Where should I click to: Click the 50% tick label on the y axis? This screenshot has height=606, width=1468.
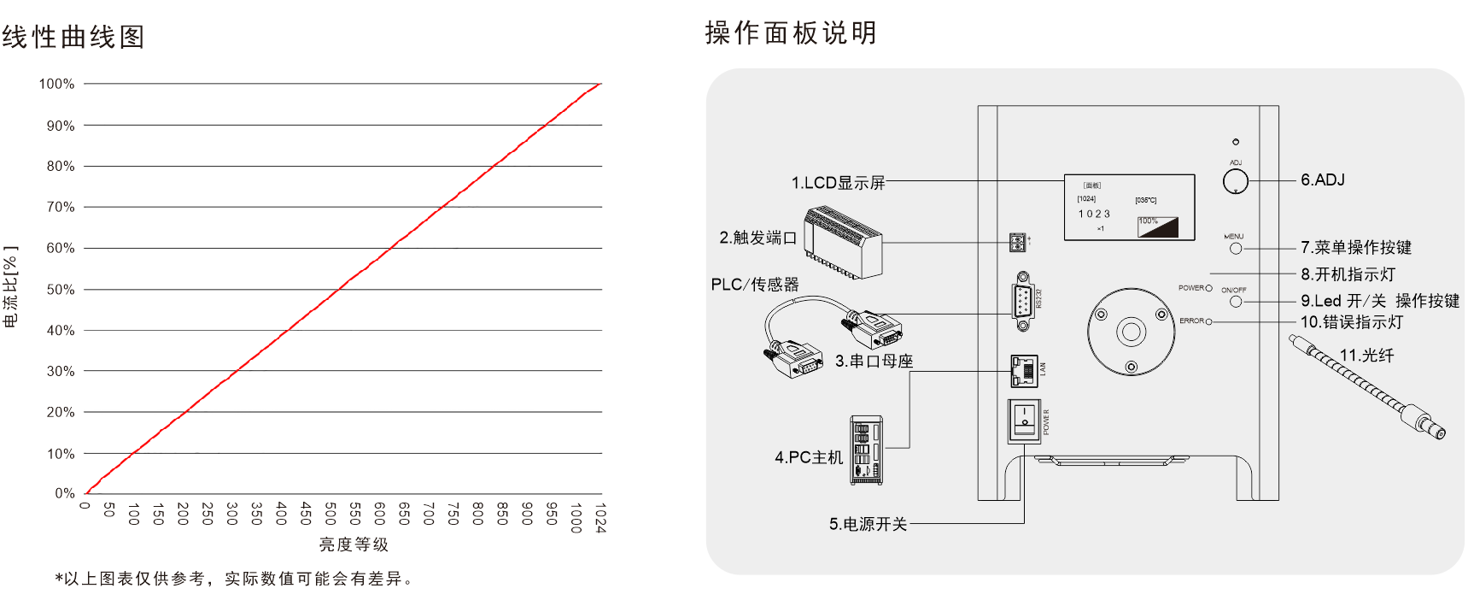(60, 290)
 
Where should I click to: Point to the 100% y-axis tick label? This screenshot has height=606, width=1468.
(56, 84)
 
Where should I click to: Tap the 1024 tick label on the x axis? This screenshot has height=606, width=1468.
(600, 518)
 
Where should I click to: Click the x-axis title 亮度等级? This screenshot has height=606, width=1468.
(354, 544)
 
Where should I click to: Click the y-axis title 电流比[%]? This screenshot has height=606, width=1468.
(10, 286)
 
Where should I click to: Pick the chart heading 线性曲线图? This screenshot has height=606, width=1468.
(73, 37)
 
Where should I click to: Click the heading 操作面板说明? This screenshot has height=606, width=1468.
(791, 33)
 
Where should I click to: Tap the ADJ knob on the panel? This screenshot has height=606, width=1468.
(1235, 181)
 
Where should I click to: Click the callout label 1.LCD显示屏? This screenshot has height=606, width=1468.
(838, 183)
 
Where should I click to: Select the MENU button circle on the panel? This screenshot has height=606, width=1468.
(1235, 249)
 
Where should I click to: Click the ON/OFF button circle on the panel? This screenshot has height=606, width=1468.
(1235, 301)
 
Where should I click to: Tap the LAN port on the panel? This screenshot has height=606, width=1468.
(1023, 370)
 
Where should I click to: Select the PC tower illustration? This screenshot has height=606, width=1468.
(866, 450)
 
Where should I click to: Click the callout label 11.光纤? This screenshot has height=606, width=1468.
(1366, 356)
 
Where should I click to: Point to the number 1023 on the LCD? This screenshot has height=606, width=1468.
(1094, 214)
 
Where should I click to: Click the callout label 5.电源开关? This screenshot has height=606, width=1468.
(868, 524)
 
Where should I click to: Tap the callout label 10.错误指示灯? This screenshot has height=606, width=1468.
(1351, 322)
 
